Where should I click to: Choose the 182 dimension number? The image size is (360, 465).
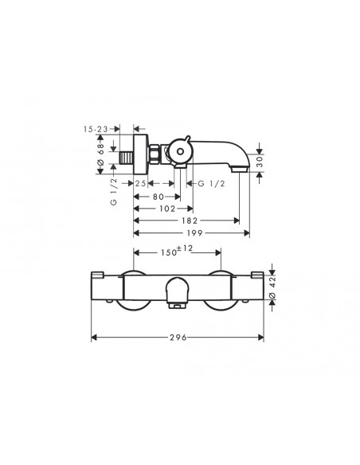pyautogui.click(x=189, y=221)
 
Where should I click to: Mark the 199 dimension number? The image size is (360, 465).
pyautogui.click(x=192, y=234)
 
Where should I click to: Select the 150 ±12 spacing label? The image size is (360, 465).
pyautogui.click(x=177, y=252)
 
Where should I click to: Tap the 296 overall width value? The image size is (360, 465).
pyautogui.click(x=177, y=338)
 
